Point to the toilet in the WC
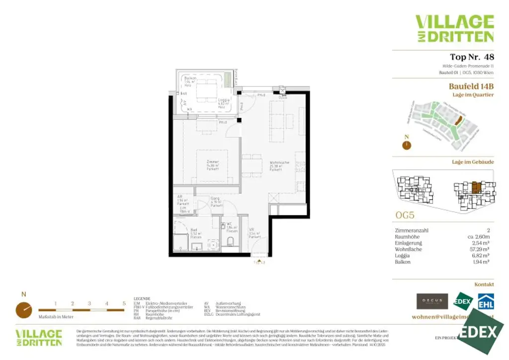tap(230, 242)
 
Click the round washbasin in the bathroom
tap(213, 244)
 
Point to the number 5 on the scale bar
tap(124, 303)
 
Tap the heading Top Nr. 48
tap(471, 57)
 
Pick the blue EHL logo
tap(485, 302)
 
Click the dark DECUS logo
tap(432, 301)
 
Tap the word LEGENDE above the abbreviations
tap(142, 298)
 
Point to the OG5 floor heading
tap(404, 216)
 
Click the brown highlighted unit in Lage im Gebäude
tap(476, 187)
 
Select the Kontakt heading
tap(484, 284)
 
